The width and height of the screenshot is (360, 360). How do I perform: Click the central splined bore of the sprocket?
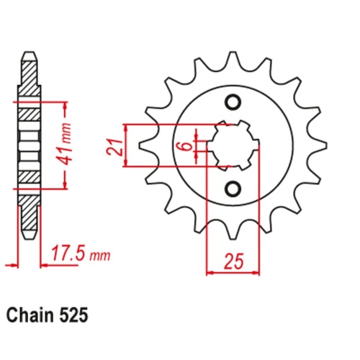coord(233,145)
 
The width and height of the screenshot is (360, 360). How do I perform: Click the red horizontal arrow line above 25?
coord(233,272)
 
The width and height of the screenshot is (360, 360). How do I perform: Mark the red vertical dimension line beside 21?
coord(127,145)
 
